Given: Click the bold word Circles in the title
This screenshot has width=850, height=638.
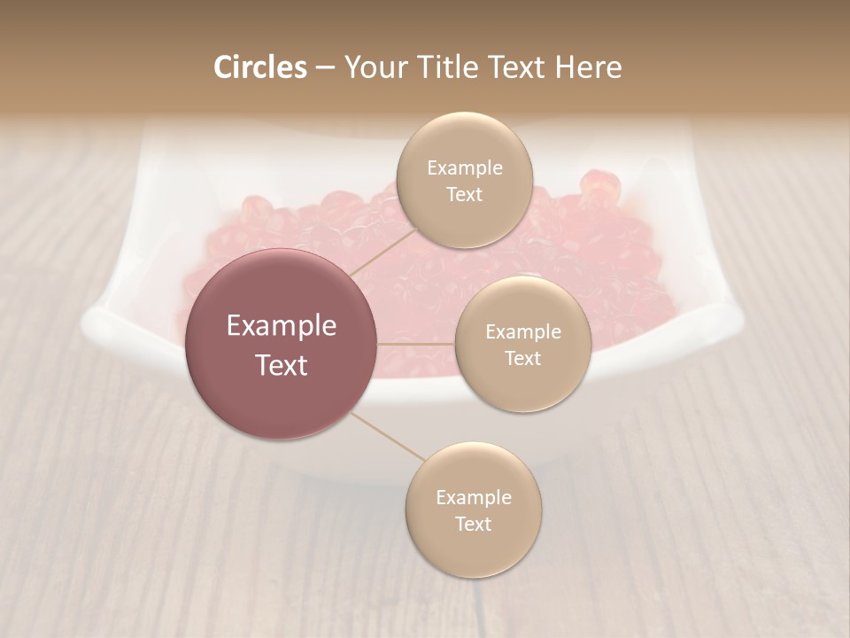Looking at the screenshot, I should pos(260,67).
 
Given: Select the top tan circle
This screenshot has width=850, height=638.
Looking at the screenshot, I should pos(464,180).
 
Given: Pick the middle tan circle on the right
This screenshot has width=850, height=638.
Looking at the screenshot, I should pos(522,344).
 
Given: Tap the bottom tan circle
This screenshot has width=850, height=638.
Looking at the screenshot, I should pos(473,510).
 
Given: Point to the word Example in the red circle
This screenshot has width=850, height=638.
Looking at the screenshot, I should pos(282,325).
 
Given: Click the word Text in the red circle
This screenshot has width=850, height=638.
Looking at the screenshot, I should pos(282,365).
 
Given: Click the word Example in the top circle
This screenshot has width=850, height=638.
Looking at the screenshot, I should pos(464,167).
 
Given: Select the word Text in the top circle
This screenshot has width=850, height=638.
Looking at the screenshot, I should pos(464,194).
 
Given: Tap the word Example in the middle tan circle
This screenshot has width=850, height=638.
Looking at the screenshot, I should pos(522,331).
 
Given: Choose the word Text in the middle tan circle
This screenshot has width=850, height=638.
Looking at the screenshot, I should pos(522,358).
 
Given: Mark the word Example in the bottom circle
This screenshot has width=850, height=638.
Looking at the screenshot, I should pos(473,497).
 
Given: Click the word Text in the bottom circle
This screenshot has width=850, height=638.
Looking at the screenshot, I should pos(473,524).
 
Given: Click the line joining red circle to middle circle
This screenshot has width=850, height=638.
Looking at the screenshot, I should pos(416,344).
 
